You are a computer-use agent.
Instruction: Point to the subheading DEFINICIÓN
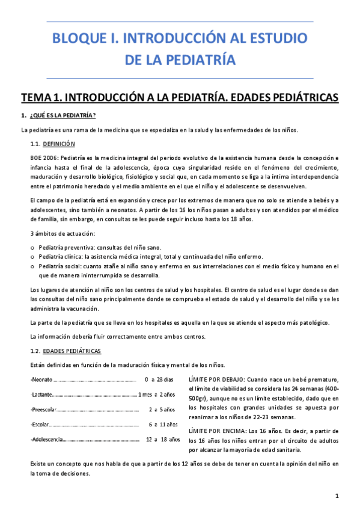[59, 144]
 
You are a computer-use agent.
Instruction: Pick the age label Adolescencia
[47, 440]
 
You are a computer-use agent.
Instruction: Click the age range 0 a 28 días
[159, 379]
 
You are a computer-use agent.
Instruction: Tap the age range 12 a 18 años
[163, 440]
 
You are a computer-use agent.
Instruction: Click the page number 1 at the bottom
[338, 496]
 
